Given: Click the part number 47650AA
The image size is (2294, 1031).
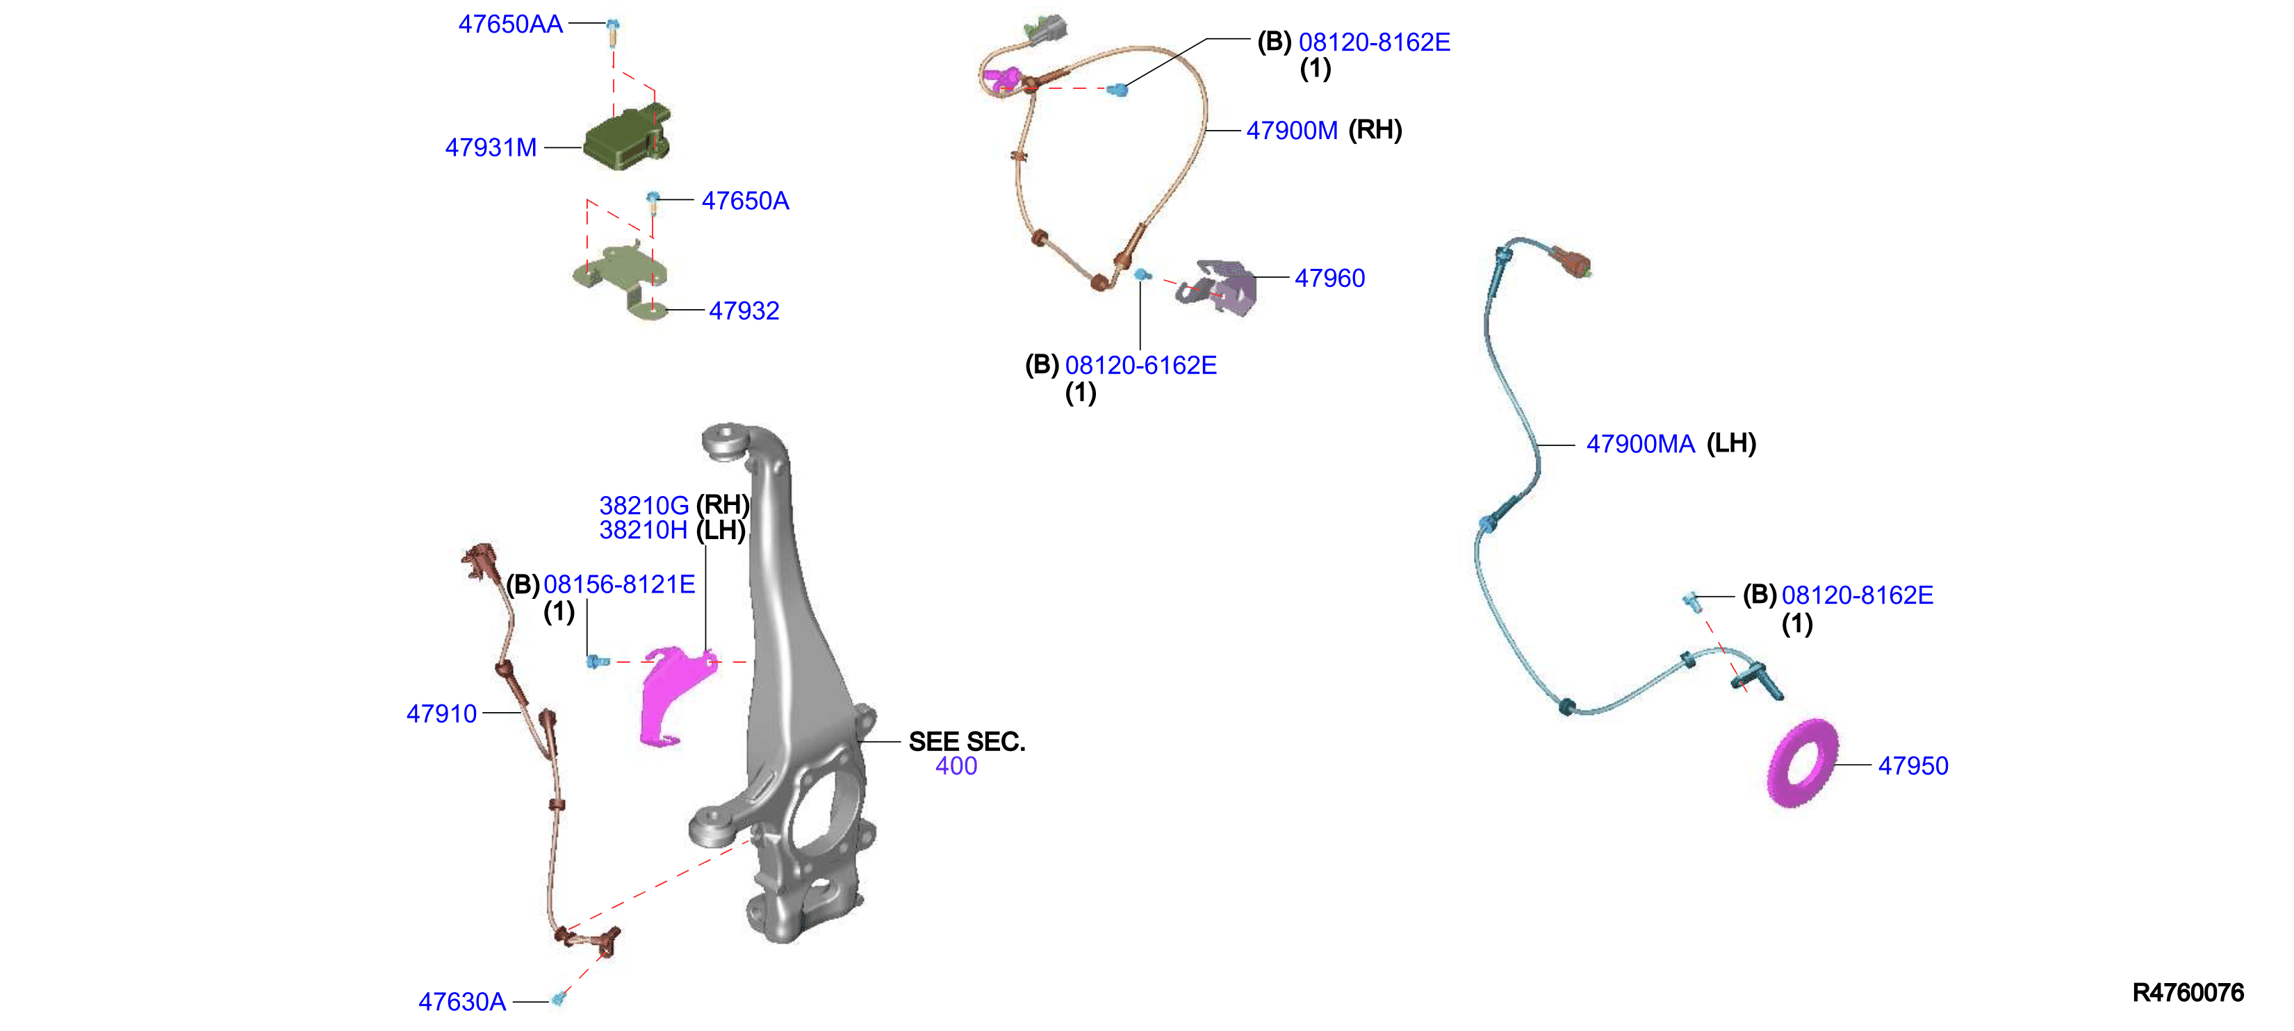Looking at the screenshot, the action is pyautogui.click(x=510, y=24).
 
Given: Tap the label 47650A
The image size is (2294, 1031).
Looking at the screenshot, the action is pyautogui.click(x=746, y=200).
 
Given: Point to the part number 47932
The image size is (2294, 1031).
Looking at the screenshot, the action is pyautogui.click(x=744, y=311).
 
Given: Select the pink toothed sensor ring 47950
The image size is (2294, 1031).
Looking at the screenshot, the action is pyautogui.click(x=1803, y=763).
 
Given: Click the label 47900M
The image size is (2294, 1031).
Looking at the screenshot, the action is pyautogui.click(x=1291, y=130).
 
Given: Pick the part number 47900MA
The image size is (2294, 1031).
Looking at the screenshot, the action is pyautogui.click(x=1640, y=443).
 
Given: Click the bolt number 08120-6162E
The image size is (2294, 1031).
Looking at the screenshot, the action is pyautogui.click(x=1141, y=365).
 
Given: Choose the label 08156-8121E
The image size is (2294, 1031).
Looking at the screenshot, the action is pyautogui.click(x=619, y=584).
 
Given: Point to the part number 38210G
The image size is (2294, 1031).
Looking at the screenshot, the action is pyautogui.click(x=644, y=506).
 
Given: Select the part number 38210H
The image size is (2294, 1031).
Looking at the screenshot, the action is pyautogui.click(x=643, y=530).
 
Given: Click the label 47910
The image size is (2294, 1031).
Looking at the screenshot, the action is pyautogui.click(x=442, y=713).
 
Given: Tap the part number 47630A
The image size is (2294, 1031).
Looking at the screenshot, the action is pyautogui.click(x=462, y=1002).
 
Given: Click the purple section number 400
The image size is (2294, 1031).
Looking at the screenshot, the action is pyautogui.click(x=956, y=766).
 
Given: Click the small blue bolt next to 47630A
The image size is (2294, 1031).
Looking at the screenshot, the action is pyautogui.click(x=559, y=998).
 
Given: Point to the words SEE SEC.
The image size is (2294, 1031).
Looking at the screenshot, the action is pyautogui.click(x=966, y=742).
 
